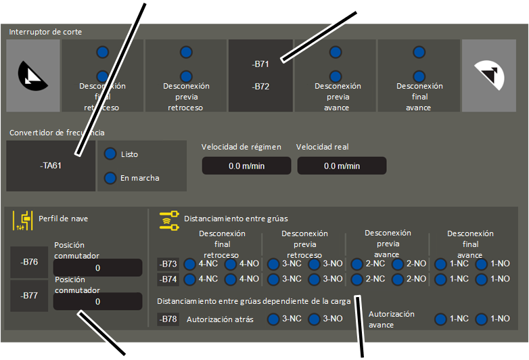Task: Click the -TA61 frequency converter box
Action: click(51, 166)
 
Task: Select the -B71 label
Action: click(260, 64)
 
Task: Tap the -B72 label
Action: click(260, 87)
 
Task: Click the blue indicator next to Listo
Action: click(110, 154)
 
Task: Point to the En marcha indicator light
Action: click(110, 178)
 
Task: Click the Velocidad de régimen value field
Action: click(246, 166)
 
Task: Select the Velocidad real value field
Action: click(342, 166)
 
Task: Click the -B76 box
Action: click(29, 262)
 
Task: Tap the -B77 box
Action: click(29, 296)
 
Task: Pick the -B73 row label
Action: click(168, 264)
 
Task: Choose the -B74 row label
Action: click(168, 279)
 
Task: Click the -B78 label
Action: click(168, 319)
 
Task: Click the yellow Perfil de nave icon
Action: click(23, 221)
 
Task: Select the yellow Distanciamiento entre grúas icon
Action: click(169, 221)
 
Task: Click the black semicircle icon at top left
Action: click(32, 76)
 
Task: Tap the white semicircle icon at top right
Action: click(490, 75)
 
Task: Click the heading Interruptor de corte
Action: click(45, 32)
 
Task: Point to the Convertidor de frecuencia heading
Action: click(57, 133)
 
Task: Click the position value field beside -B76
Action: click(97, 267)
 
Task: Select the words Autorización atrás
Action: click(220, 319)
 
